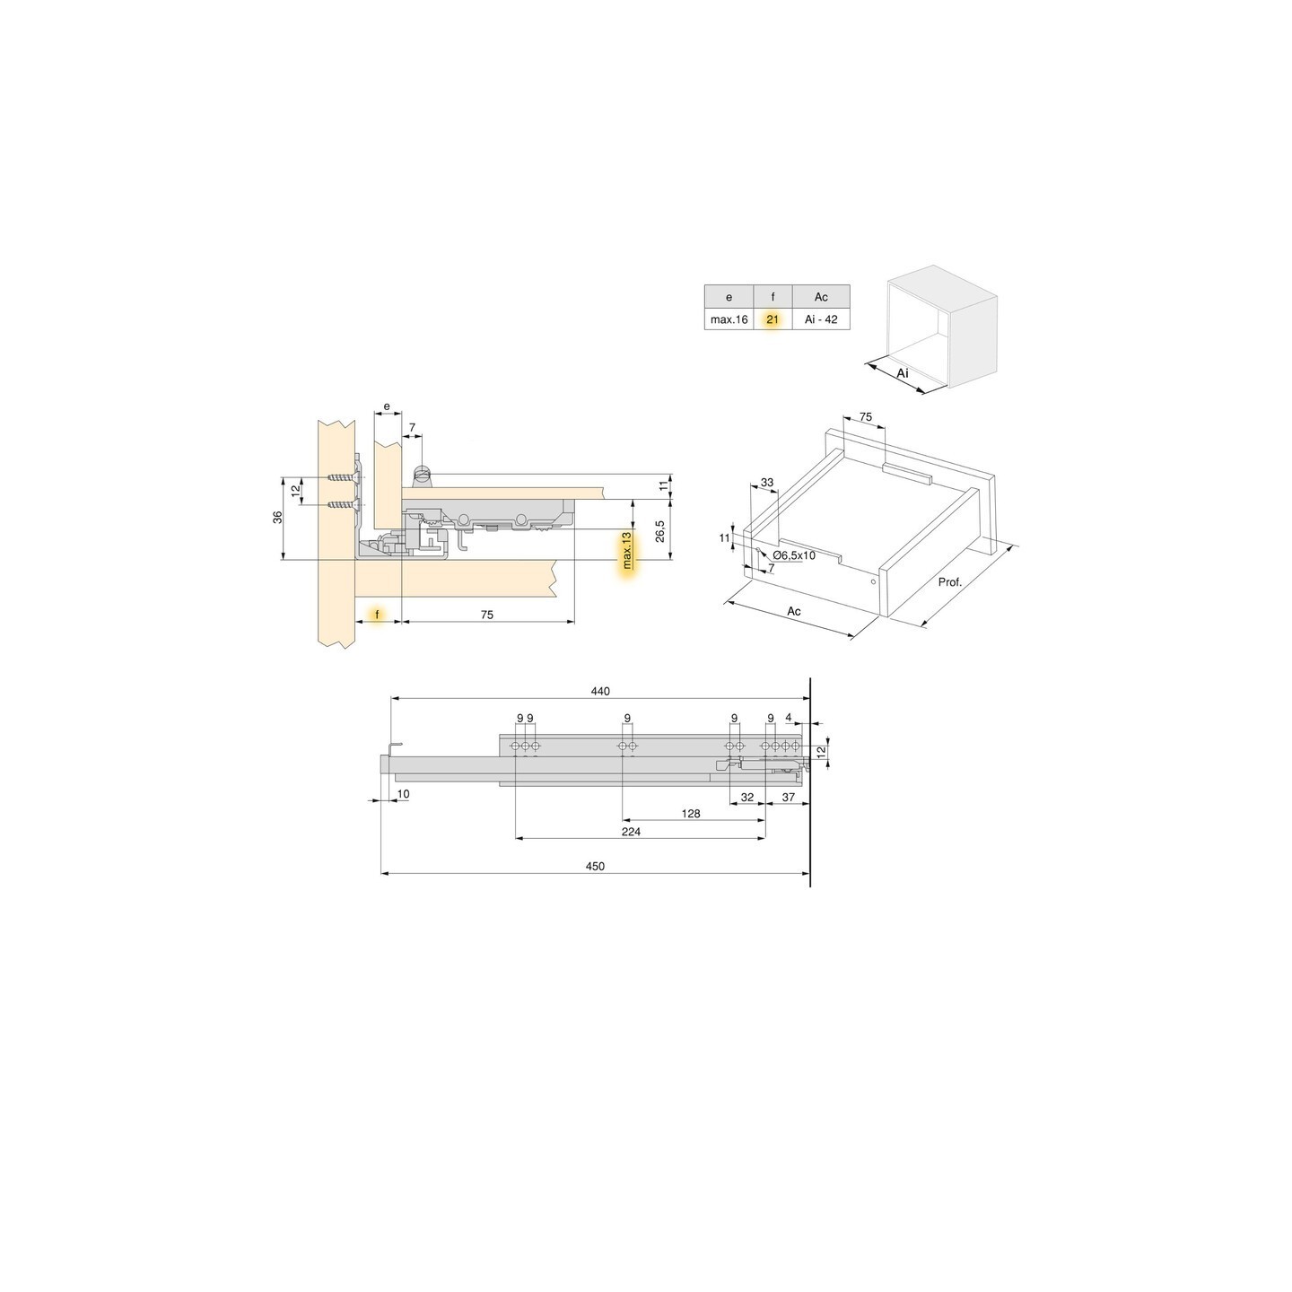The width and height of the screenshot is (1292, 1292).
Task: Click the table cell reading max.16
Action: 729,319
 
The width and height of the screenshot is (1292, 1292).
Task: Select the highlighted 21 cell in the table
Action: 773,319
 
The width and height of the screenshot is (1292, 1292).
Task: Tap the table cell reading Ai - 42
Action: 821,319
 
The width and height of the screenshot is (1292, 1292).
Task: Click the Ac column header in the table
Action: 821,297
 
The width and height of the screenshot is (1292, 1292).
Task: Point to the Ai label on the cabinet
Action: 903,372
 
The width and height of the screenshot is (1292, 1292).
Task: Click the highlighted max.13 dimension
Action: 626,550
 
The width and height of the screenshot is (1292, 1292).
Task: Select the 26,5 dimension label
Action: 659,531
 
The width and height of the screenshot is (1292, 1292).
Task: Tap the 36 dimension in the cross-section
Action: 278,518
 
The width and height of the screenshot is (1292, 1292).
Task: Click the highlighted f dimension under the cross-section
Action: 378,615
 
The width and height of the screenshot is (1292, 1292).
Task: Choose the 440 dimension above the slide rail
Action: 600,691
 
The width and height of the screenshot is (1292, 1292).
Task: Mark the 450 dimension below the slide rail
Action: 595,866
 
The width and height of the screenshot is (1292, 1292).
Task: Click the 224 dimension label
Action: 631,832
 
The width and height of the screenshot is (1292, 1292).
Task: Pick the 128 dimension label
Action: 690,814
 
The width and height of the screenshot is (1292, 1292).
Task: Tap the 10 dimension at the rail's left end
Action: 403,794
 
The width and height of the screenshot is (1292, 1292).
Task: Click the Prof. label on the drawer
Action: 949,582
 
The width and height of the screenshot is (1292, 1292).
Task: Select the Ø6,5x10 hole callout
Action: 793,555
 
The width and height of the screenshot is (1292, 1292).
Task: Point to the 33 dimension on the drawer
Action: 766,483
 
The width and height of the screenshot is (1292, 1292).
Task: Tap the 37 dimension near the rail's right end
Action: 788,797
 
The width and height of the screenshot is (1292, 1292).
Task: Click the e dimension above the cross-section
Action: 387,406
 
